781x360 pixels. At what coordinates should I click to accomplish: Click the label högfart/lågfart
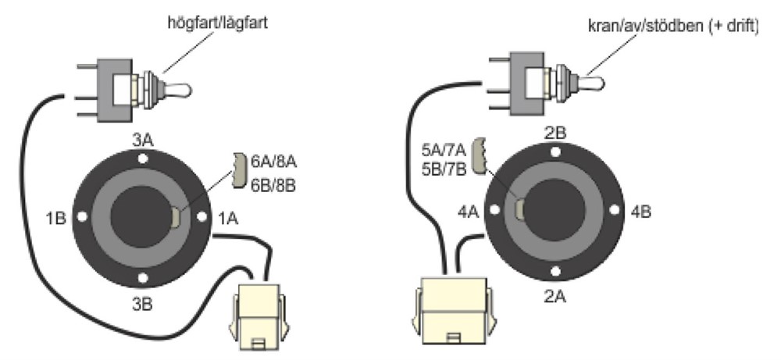217,23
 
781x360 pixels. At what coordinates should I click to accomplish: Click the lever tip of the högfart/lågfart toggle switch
185,91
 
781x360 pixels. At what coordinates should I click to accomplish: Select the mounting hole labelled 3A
143,159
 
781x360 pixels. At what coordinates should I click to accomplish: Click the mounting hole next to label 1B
83,216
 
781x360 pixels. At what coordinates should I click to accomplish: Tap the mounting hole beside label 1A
201,216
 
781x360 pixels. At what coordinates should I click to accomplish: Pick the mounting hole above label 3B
143,277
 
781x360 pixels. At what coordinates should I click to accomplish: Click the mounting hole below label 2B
555,150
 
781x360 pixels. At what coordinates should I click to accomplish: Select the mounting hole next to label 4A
494,209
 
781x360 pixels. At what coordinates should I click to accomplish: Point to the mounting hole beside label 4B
615,209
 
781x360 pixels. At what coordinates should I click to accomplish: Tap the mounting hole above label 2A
555,271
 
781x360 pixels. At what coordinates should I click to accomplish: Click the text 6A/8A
273,163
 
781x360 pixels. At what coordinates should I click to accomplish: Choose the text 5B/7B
444,169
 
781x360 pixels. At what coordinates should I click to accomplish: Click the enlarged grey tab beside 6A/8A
238,171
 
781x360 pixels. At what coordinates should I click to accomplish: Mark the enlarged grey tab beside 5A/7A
480,156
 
